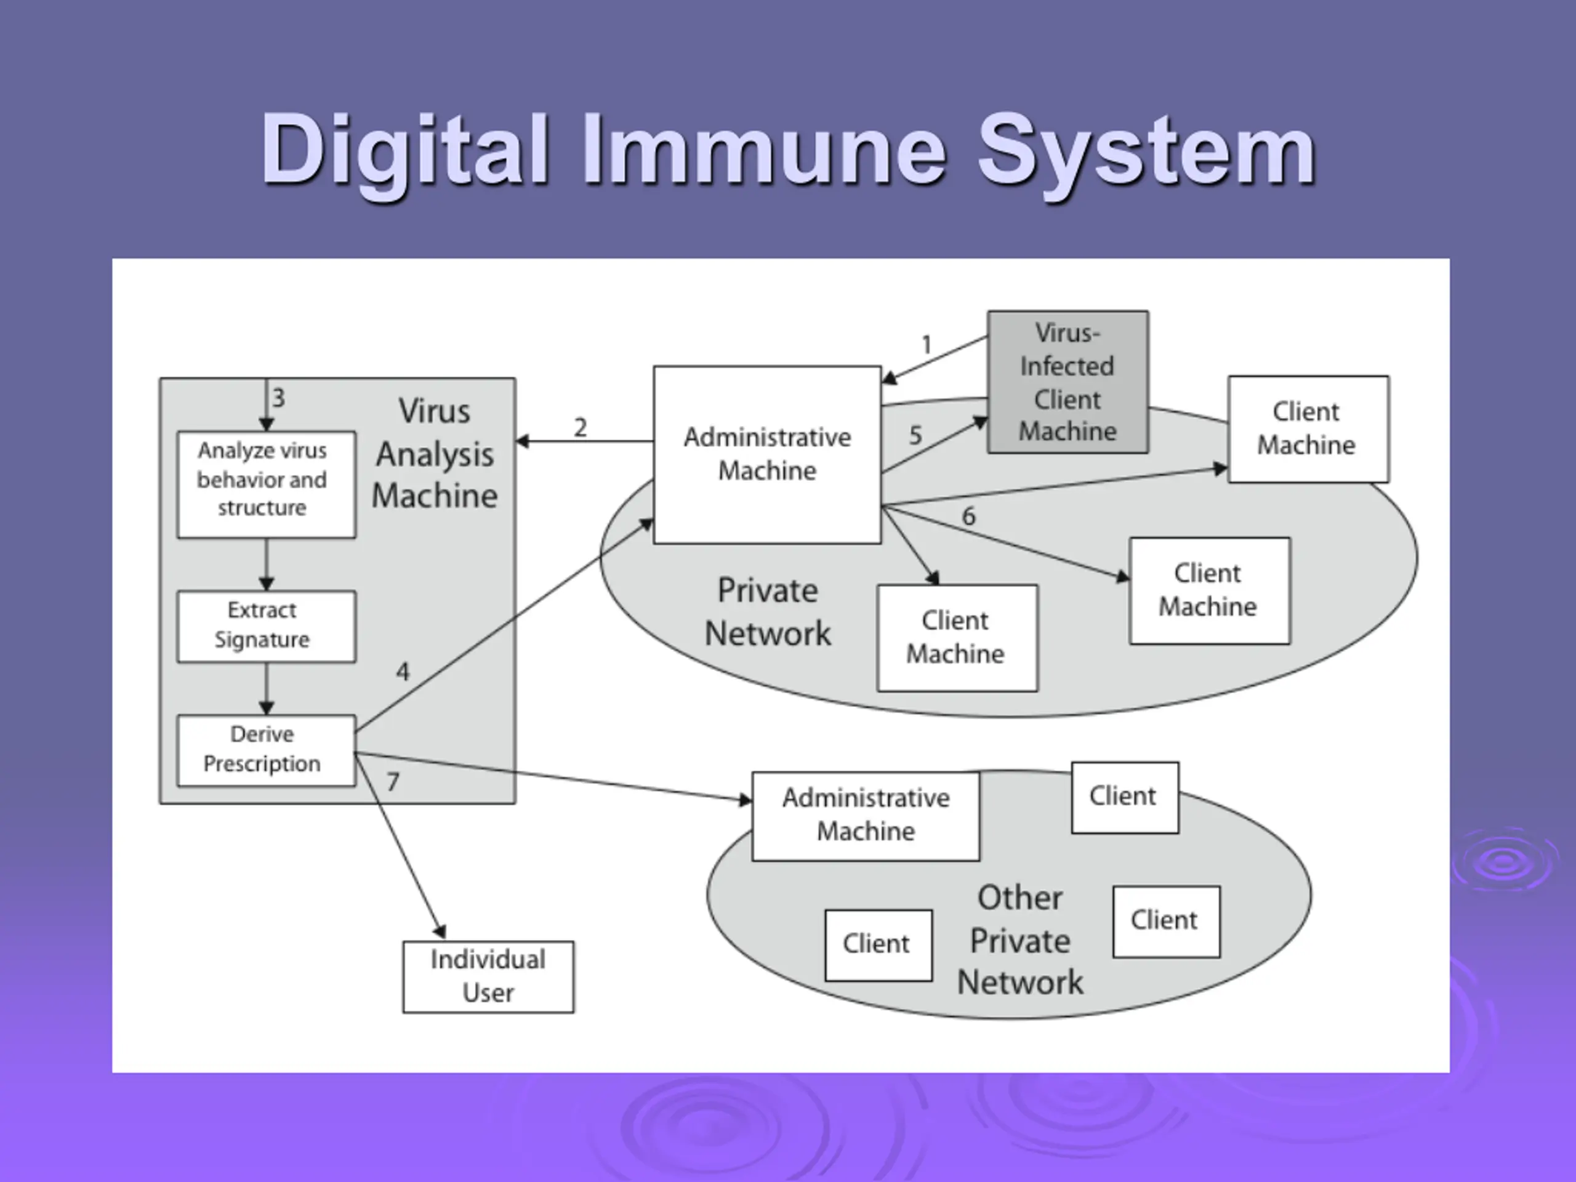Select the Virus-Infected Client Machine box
(x=1067, y=382)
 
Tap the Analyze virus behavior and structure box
(x=267, y=484)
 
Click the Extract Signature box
(x=267, y=626)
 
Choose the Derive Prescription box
(x=267, y=750)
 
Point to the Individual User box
(x=488, y=977)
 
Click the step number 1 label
(x=927, y=345)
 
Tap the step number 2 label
(x=581, y=427)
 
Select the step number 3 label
(x=279, y=398)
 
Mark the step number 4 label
(x=403, y=671)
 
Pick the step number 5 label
(x=915, y=435)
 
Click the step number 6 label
(x=969, y=516)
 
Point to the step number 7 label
(x=393, y=782)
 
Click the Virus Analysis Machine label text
(x=435, y=453)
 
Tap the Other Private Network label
(x=1020, y=940)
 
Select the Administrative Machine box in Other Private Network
(x=866, y=816)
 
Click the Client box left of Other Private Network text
(x=878, y=945)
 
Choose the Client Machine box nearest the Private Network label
(x=957, y=638)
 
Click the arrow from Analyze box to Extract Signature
(x=267, y=565)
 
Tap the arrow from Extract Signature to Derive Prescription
(x=267, y=688)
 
